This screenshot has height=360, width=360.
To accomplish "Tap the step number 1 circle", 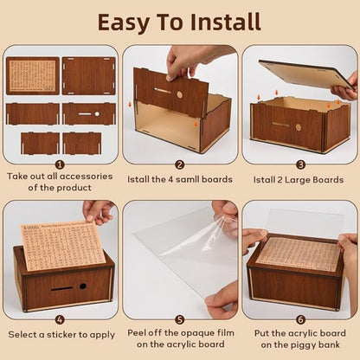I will [59, 163].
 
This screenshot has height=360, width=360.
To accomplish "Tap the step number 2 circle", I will [180, 163].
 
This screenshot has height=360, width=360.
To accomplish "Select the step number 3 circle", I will [300, 163].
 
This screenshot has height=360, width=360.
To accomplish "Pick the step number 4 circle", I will [59, 318].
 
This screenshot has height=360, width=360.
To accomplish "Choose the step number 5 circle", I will [180, 318].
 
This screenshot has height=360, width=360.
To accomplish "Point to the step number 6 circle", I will [300, 318].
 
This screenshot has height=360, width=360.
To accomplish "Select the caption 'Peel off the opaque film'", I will [180, 332].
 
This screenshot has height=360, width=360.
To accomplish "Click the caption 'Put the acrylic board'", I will [300, 332].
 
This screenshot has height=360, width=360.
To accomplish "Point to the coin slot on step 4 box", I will [61, 287].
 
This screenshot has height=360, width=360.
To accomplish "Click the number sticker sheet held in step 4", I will [61, 242].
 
